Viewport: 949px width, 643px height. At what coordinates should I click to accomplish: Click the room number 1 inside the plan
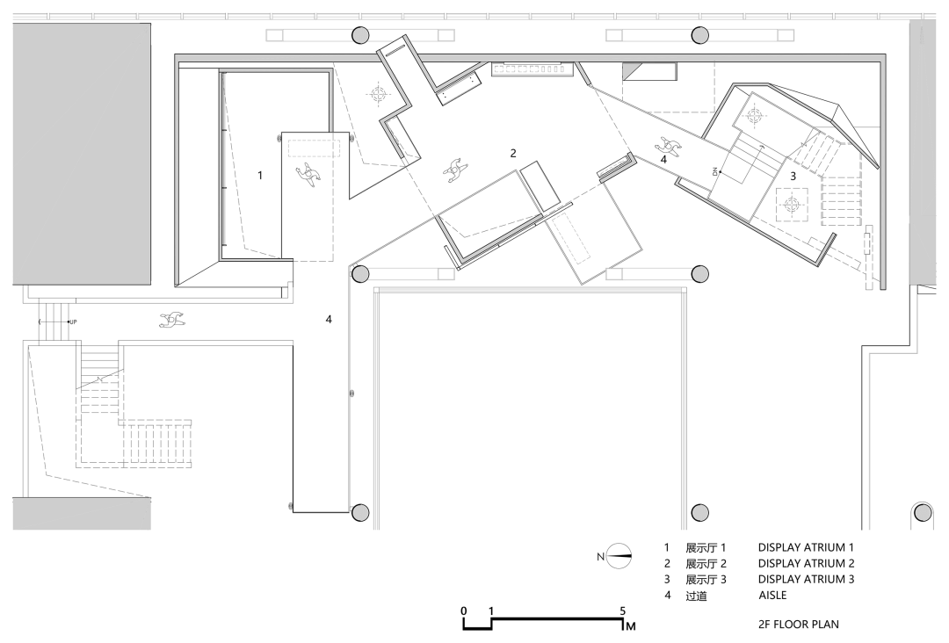(x=260, y=176)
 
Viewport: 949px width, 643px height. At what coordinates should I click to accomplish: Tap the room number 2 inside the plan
(x=513, y=153)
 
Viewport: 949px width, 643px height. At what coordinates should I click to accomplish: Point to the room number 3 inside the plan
(x=793, y=176)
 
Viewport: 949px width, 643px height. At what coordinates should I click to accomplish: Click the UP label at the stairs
(x=73, y=321)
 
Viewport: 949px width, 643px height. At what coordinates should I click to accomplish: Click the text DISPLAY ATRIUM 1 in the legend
(x=806, y=548)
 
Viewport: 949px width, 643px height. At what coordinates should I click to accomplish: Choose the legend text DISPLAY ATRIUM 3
(x=806, y=580)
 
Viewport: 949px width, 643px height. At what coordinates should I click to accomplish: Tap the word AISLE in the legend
(x=772, y=596)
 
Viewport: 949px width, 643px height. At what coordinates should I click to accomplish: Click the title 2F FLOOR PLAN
(x=798, y=625)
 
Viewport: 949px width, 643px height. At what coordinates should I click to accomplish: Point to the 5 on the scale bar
(x=623, y=611)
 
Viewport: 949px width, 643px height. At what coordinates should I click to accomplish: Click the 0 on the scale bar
(x=464, y=611)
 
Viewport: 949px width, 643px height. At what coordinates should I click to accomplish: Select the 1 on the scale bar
(x=491, y=611)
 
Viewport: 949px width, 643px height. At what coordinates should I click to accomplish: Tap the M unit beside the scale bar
(x=631, y=626)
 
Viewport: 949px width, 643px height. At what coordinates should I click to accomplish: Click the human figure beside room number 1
(x=308, y=173)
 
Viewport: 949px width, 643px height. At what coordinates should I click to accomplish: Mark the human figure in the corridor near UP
(x=172, y=320)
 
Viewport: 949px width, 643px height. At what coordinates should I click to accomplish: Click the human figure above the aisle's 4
(x=668, y=145)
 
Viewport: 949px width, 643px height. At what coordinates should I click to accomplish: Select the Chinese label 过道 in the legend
(x=696, y=596)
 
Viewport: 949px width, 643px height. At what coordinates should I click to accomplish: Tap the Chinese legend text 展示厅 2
(x=706, y=564)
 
